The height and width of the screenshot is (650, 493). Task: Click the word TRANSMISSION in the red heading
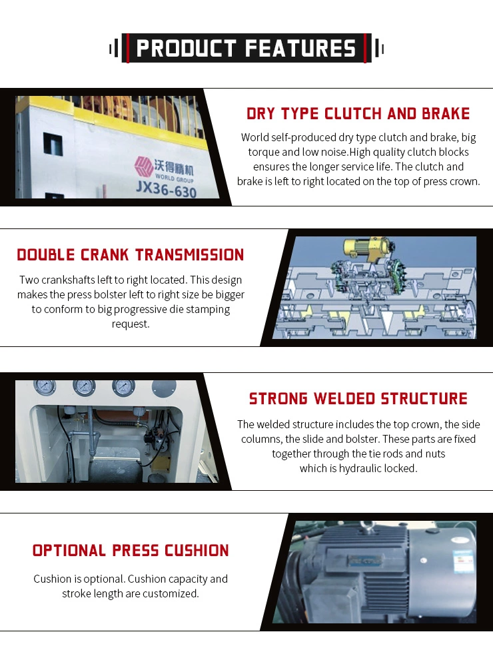pyautogui.click(x=189, y=255)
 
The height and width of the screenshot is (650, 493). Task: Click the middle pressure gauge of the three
pyautogui.click(x=85, y=387)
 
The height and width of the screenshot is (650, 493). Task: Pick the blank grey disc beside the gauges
pyautogui.click(x=163, y=388)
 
